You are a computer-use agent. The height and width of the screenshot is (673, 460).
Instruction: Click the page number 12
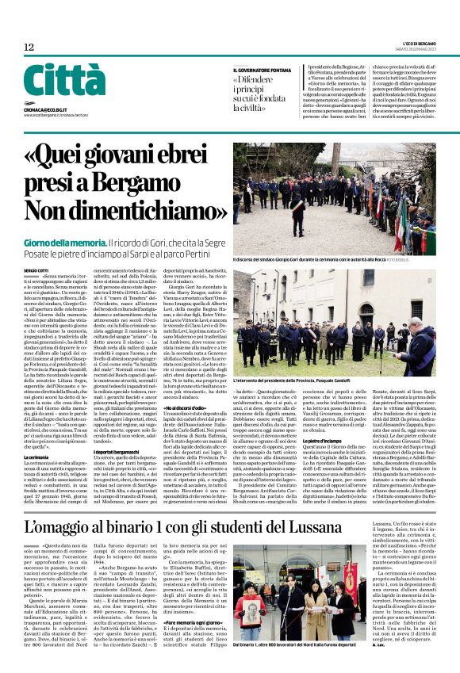coord(29,48)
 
